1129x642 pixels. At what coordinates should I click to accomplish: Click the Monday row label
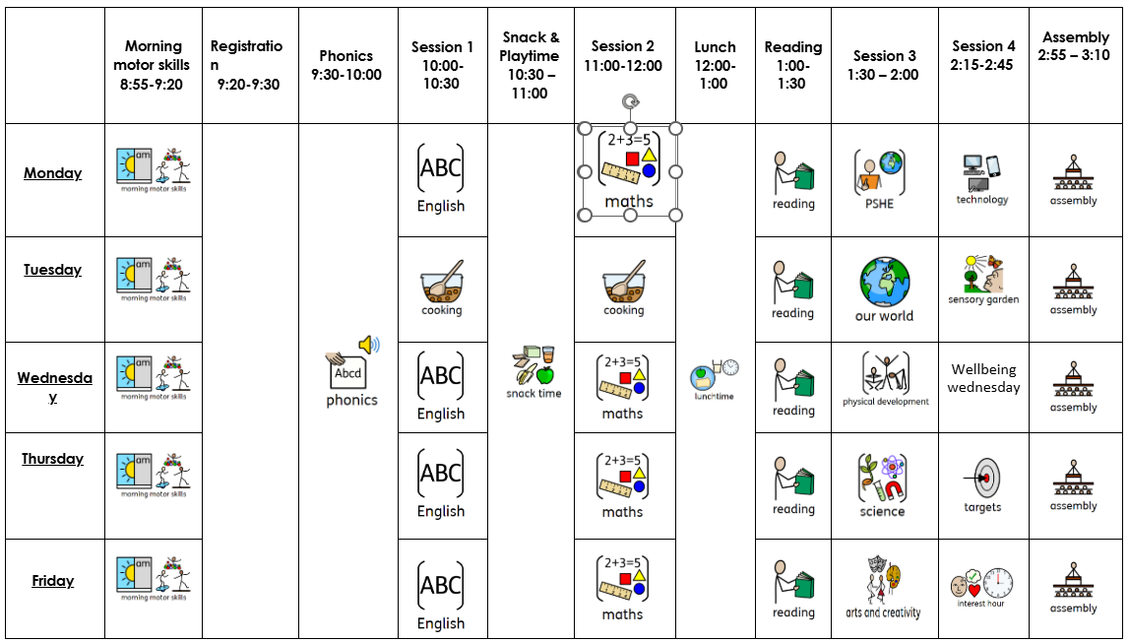point(53,173)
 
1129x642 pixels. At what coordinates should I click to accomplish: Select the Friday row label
point(53,581)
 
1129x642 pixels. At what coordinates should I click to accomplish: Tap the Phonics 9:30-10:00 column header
point(346,65)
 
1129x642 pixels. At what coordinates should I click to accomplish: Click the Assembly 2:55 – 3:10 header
point(1076,46)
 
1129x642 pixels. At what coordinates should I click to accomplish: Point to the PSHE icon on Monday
point(879,172)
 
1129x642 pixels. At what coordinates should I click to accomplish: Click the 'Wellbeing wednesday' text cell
point(983,378)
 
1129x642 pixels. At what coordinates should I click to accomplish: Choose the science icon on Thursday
point(882,478)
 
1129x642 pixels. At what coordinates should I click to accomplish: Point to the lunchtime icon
point(715,375)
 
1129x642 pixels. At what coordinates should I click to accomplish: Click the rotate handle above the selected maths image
point(629,101)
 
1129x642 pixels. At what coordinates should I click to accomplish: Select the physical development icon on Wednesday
point(885,373)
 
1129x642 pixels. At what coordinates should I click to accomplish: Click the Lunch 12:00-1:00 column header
point(715,65)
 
